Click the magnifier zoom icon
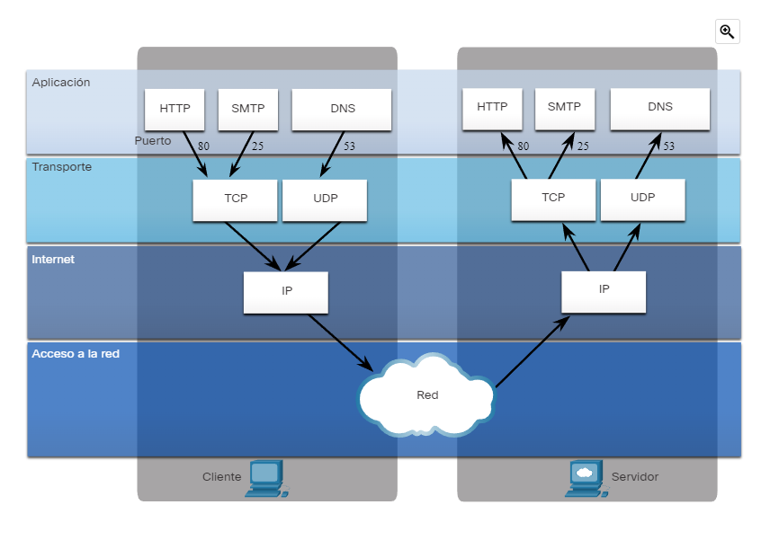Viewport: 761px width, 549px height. pyautogui.click(x=727, y=31)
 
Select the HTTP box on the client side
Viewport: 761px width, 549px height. pyautogui.click(x=175, y=109)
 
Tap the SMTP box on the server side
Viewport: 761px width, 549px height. pyautogui.click(x=564, y=107)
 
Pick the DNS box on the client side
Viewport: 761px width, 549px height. pyautogui.click(x=343, y=109)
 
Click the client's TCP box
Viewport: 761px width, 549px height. pyautogui.click(x=235, y=199)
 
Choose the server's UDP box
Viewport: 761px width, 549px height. pyautogui.click(x=642, y=198)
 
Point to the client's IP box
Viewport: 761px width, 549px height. pyautogui.click(x=286, y=291)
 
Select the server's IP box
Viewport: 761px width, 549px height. pyautogui.click(x=604, y=289)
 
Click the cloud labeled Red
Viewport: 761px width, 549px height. pyautogui.click(x=426, y=394)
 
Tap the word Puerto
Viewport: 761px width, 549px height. pyautogui.click(x=152, y=141)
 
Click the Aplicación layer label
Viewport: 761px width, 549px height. pyautogui.click(x=61, y=83)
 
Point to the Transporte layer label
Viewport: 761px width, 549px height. pyautogui.click(x=61, y=167)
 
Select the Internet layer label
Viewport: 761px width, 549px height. pyautogui.click(x=53, y=260)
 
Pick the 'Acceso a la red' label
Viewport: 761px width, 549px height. pyautogui.click(x=76, y=354)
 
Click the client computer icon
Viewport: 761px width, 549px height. pyautogui.click(x=267, y=478)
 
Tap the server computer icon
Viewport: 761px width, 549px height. pyautogui.click(x=585, y=478)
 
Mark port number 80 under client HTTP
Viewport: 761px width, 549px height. pyautogui.click(x=203, y=146)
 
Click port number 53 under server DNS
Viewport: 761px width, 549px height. pyautogui.click(x=668, y=146)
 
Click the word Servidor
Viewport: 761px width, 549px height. pyautogui.click(x=634, y=477)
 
